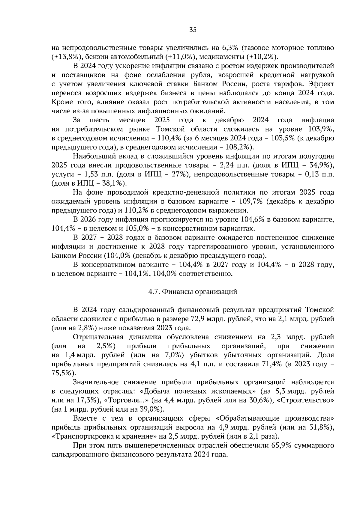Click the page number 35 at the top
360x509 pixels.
pos(193,30)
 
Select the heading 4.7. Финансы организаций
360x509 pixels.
pos(193,292)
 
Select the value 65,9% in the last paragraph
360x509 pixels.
pos(281,446)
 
